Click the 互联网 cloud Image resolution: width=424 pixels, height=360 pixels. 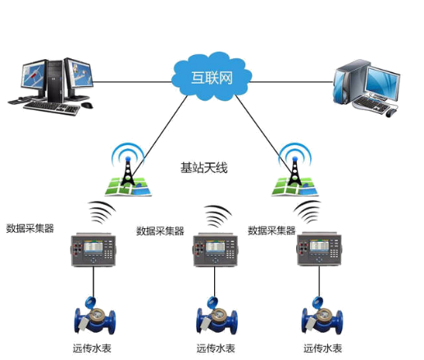pyautogui.click(x=212, y=77)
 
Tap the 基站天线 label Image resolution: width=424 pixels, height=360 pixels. pyautogui.click(x=203, y=167)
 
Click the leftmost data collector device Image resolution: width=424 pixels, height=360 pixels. pyautogui.click(x=93, y=249)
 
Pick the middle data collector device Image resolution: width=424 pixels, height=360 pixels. pyautogui.click(x=216, y=250)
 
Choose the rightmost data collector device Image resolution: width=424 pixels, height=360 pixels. pyautogui.click(x=319, y=249)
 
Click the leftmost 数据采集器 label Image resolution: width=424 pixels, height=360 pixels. pyautogui.click(x=30, y=228)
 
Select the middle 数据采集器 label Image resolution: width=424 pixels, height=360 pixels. pyautogui.click(x=160, y=231)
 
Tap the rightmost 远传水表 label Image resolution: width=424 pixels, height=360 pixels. pyautogui.click(x=322, y=349)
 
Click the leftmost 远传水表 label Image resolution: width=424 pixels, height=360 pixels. pyautogui.click(x=92, y=349)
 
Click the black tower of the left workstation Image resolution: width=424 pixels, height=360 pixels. pyautogui.click(x=56, y=81)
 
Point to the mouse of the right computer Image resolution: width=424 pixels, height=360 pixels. pyautogui.click(x=390, y=112)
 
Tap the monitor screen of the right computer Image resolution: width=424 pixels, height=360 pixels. pyautogui.click(x=382, y=83)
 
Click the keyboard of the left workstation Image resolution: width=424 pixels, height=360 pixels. pyautogui.click(x=52, y=107)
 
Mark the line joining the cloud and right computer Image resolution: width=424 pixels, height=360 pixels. pyautogui.click(x=292, y=82)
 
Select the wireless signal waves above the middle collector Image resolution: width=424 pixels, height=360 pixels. pyautogui.click(x=218, y=216)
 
